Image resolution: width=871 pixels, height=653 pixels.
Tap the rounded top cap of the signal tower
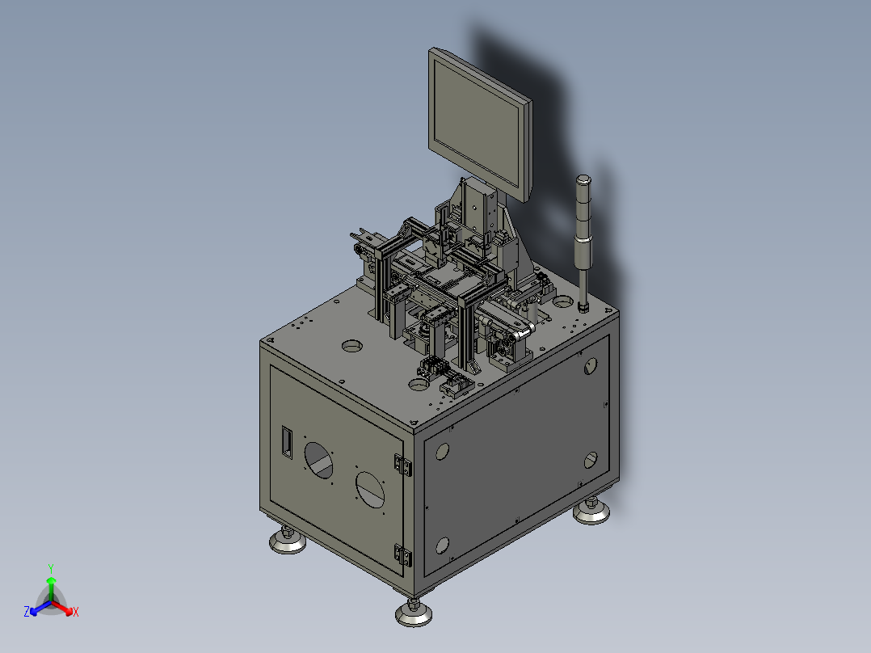pos(583,179)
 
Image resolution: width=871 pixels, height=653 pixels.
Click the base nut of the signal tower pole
pos(583,306)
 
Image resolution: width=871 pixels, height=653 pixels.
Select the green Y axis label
pos(51,568)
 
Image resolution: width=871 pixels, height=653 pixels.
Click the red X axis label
pos(76,612)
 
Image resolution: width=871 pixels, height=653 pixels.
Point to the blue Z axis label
pos(27,612)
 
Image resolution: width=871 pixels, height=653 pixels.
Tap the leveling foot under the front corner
pos(414,613)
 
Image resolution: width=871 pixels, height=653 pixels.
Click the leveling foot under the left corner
pos(287,540)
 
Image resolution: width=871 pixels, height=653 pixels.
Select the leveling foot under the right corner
pos(591,512)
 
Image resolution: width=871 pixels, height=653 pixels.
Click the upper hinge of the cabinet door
pos(402,465)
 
